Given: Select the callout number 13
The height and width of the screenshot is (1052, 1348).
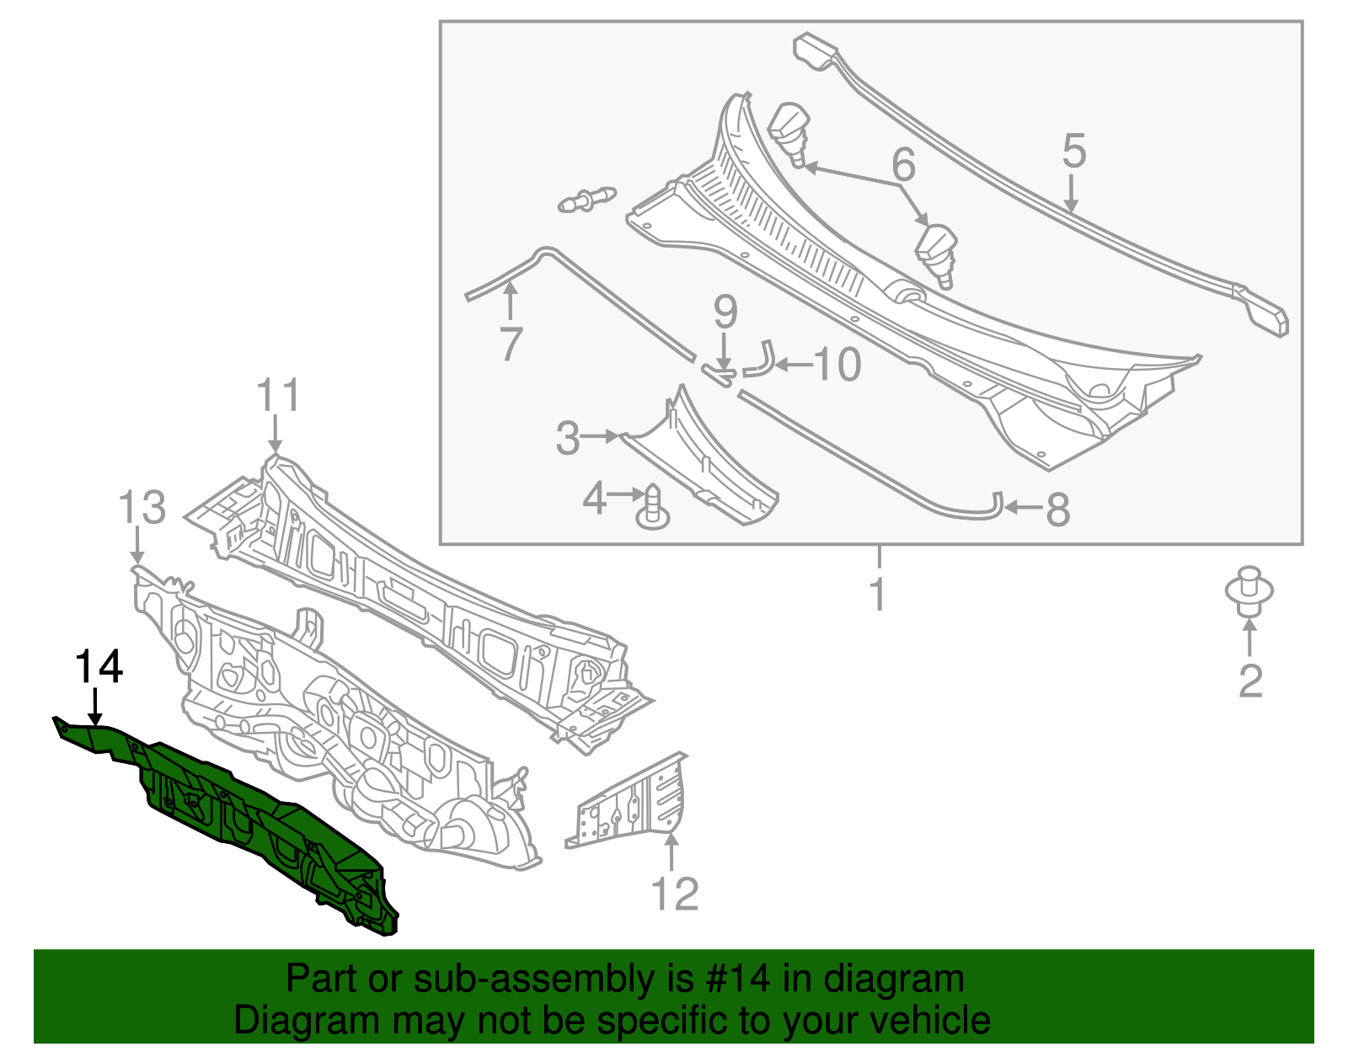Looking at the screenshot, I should tap(142, 509).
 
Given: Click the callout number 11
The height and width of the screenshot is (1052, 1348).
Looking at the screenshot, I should tap(278, 395).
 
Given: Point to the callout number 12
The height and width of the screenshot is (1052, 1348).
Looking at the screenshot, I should tap(675, 894).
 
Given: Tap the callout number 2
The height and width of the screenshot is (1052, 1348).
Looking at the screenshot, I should tap(1250, 681).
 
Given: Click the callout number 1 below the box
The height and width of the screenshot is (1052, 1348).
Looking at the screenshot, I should tap(878, 595).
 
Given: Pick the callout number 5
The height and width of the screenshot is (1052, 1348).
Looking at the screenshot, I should tap(1073, 151).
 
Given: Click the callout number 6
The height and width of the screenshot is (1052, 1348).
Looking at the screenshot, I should tap(903, 164).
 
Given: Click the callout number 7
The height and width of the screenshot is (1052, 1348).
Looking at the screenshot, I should tap(511, 344).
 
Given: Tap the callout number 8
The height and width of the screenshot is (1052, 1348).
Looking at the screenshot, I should tap(1057, 510).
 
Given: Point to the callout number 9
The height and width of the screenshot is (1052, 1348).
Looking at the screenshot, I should tap(725, 312).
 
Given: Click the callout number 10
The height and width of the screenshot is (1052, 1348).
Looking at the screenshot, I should tap(837, 365).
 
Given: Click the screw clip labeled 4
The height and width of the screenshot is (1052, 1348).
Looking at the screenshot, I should tap(653, 509).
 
